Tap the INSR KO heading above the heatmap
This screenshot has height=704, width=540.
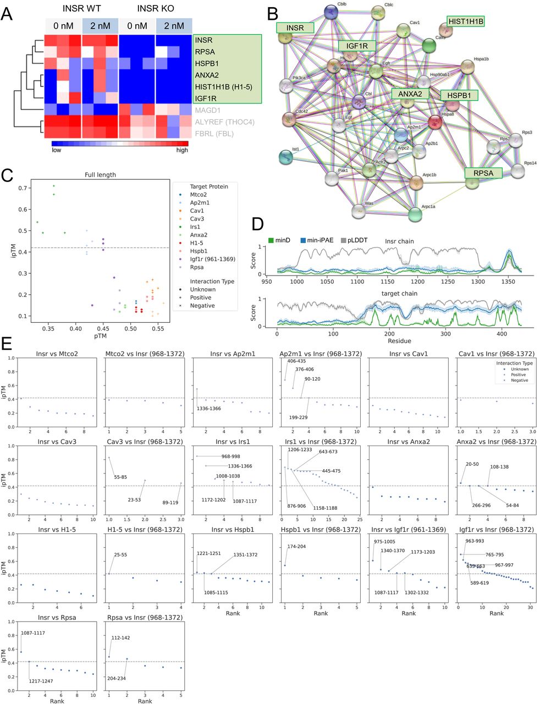point(155,9)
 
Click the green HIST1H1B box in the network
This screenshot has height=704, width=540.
point(465,21)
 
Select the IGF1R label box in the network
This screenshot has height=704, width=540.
point(357,45)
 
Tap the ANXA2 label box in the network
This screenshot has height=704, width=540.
point(410,94)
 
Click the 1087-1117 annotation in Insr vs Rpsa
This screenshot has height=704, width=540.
point(33,633)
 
